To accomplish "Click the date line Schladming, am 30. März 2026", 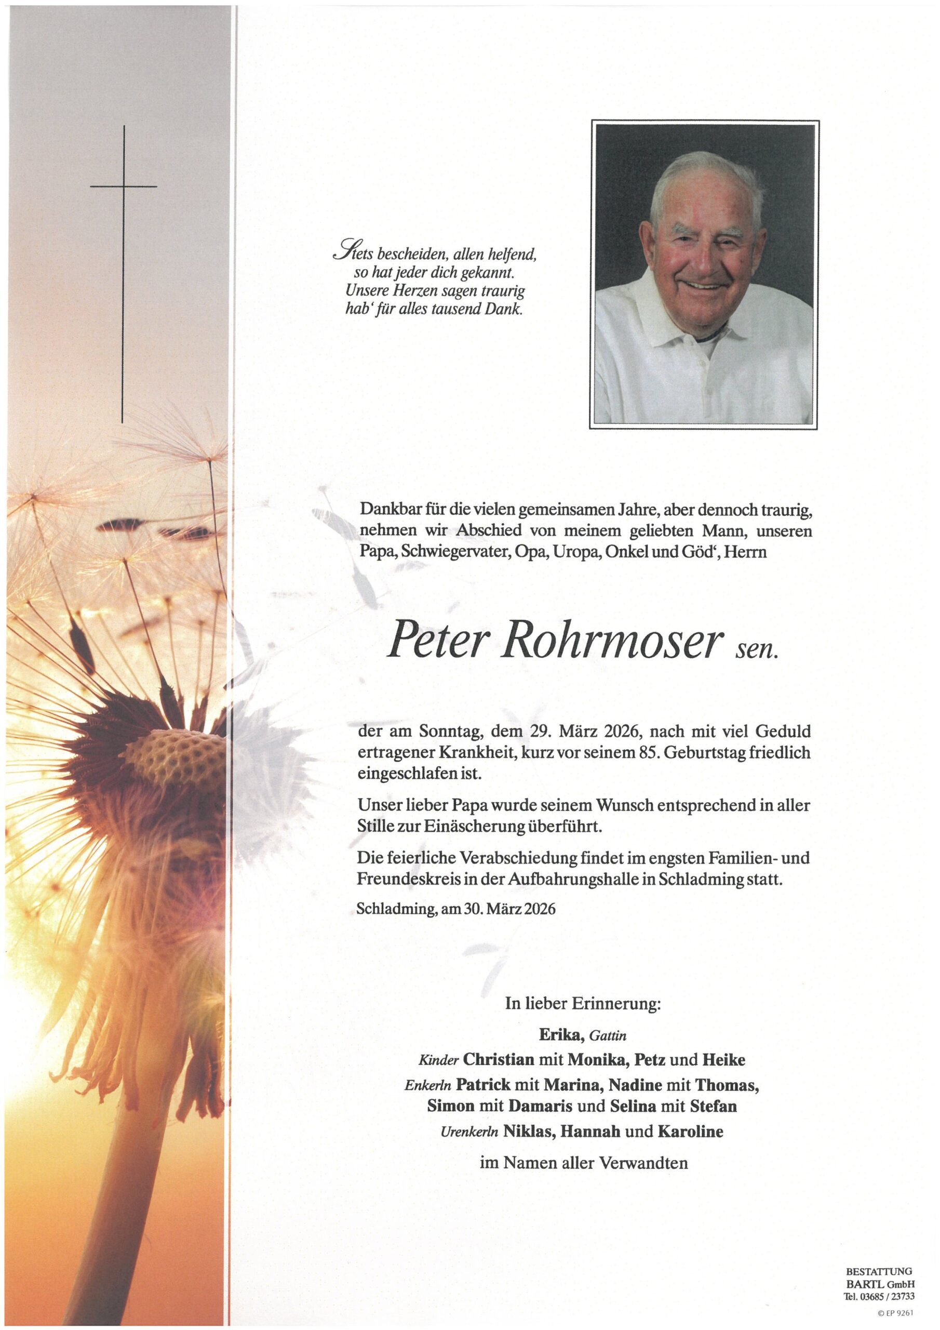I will tap(456, 908).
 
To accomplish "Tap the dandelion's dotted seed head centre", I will tap(174, 755).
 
